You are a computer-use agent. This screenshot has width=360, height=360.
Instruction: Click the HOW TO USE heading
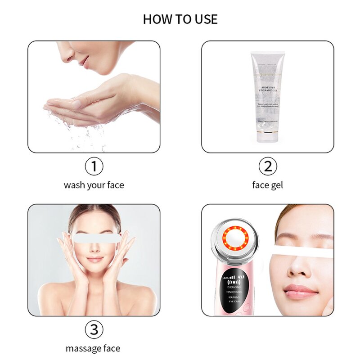point(180,19)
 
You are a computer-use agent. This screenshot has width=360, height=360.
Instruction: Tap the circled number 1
point(94,167)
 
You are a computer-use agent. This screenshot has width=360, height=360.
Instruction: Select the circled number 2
point(267,167)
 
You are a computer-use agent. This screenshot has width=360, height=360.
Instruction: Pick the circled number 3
point(94,330)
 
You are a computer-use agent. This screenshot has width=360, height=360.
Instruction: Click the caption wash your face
point(94,185)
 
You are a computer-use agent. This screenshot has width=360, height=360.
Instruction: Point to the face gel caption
point(267,185)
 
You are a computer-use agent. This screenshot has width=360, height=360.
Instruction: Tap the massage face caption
point(93,348)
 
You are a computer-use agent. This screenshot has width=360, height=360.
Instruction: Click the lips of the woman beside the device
point(301,292)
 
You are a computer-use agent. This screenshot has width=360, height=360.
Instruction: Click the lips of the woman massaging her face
point(94,260)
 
